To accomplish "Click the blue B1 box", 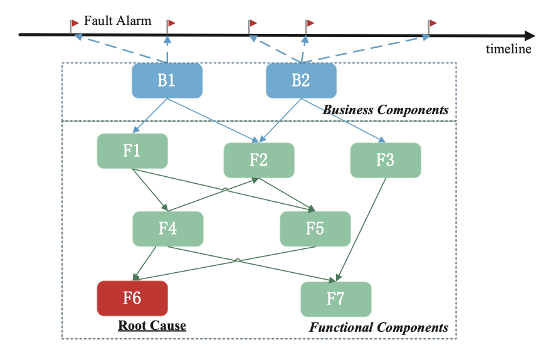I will pyautogui.click(x=167, y=81).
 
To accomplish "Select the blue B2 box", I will pyautogui.click(x=301, y=81).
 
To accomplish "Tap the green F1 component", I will pyautogui.click(x=132, y=151).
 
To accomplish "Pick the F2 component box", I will pyautogui.click(x=259, y=160).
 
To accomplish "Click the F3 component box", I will pyautogui.click(x=385, y=160).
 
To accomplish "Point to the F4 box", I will pyautogui.click(x=167, y=228).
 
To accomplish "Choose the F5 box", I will pyautogui.click(x=315, y=228).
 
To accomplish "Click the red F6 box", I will pyautogui.click(x=132, y=298).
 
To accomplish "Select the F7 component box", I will pyautogui.click(x=335, y=299).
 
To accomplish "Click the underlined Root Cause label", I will pyautogui.click(x=152, y=326).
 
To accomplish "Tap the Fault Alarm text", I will pyautogui.click(x=118, y=21).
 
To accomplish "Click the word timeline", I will pyautogui.click(x=508, y=50).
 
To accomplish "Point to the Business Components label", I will pyautogui.click(x=386, y=110).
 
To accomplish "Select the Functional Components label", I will pyautogui.click(x=379, y=327).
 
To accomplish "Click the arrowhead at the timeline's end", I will pyautogui.click(x=530, y=34).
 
